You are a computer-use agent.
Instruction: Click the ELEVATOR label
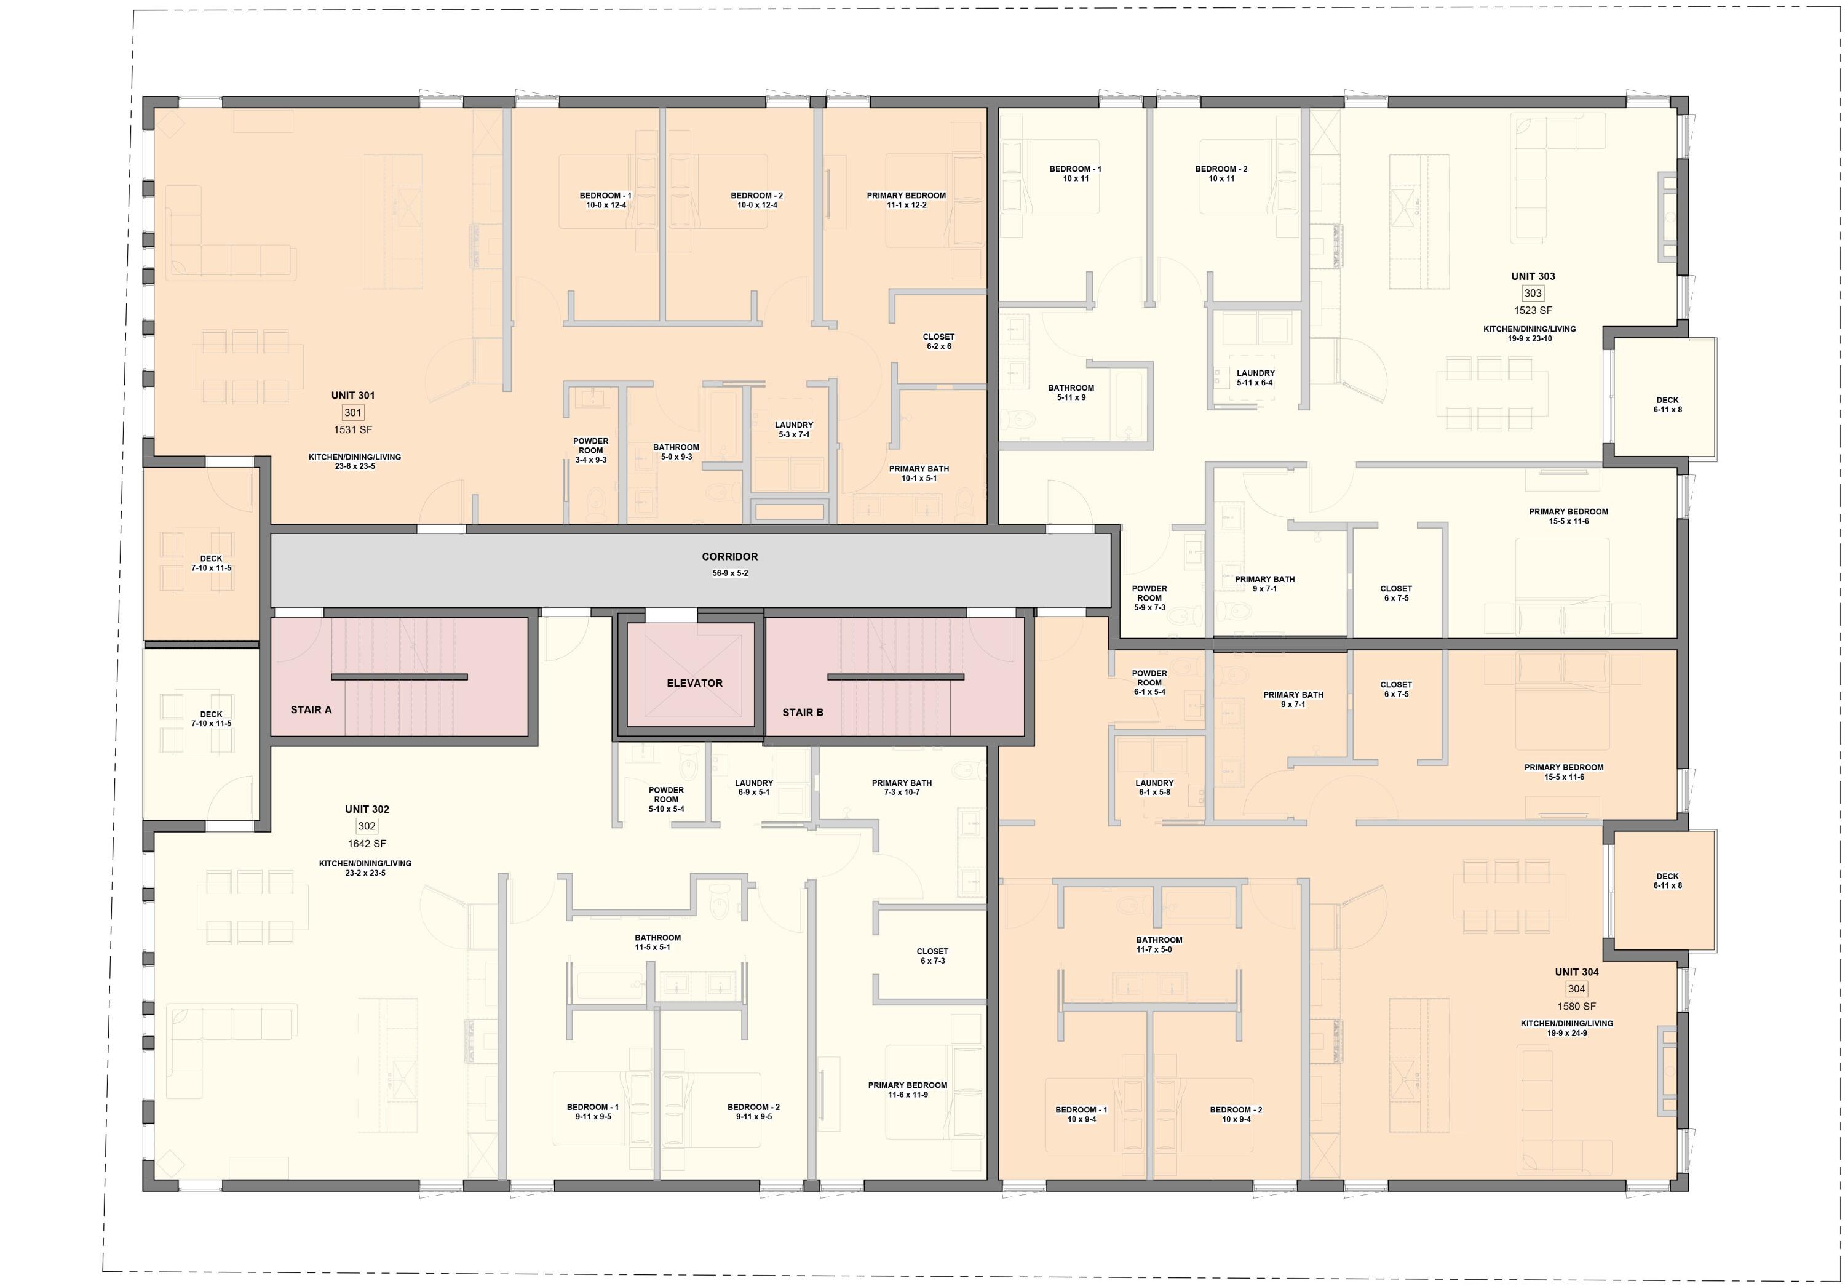(x=694, y=683)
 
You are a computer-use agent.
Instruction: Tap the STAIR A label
(x=311, y=709)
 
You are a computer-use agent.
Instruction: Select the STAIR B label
(x=803, y=712)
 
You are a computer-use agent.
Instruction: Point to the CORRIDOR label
(x=729, y=556)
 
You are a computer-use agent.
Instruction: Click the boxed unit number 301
(x=353, y=412)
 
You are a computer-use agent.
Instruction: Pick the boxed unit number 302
(x=367, y=826)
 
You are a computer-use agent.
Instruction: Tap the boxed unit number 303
(x=1533, y=294)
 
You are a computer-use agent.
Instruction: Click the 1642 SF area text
(x=367, y=844)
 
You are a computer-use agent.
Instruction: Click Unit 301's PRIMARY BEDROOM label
(x=906, y=195)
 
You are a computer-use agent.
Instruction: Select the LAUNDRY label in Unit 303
(x=1255, y=373)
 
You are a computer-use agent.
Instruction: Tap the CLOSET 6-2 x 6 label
(x=938, y=341)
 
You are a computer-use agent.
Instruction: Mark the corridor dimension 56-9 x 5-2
(x=729, y=573)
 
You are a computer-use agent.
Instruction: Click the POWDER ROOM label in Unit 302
(x=666, y=795)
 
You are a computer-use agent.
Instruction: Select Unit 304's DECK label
(x=1667, y=876)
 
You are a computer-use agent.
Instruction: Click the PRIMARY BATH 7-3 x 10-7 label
(x=902, y=783)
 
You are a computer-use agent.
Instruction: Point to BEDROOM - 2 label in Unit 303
(x=1221, y=169)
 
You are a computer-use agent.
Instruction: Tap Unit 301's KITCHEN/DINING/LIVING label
(x=354, y=457)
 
